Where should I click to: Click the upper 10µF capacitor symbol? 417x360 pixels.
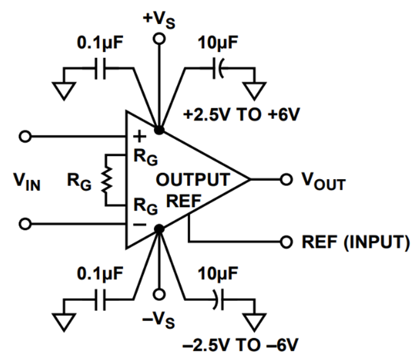(218, 69)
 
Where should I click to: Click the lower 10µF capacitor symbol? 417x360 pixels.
(218, 300)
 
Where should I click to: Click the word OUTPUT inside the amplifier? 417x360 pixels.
(193, 179)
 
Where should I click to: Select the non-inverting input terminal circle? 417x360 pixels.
(24, 136)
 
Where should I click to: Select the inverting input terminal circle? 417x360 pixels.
(24, 223)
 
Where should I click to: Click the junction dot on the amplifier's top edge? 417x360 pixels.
(159, 130)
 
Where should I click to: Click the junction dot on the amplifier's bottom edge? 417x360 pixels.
(159, 229)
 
